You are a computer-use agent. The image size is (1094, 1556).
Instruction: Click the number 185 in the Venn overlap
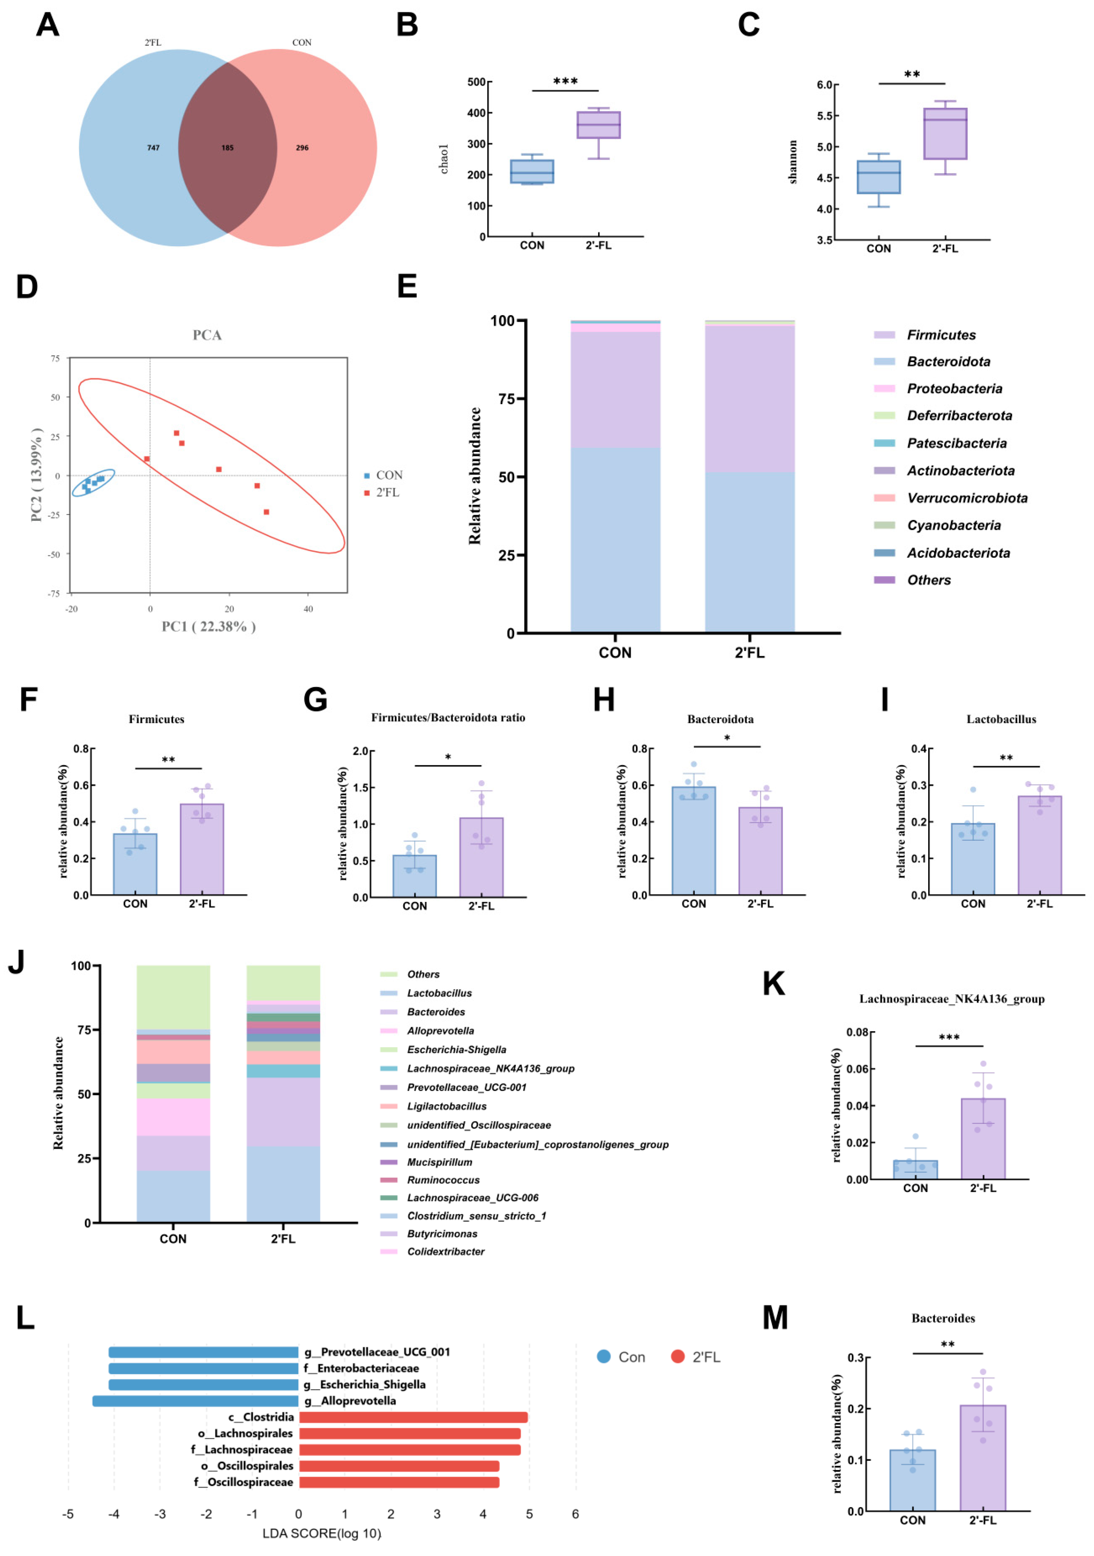(x=227, y=148)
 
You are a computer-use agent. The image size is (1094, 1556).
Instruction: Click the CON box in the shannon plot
(x=878, y=177)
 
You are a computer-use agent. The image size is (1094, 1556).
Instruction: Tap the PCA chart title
(x=207, y=335)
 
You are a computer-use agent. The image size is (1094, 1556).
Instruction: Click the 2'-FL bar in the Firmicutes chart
(x=202, y=849)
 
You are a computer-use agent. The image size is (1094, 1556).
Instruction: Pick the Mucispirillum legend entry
(x=426, y=1162)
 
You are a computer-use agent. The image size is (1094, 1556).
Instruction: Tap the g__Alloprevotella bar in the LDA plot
(x=196, y=1401)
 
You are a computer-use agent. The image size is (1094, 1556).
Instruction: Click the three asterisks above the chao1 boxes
(x=565, y=81)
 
